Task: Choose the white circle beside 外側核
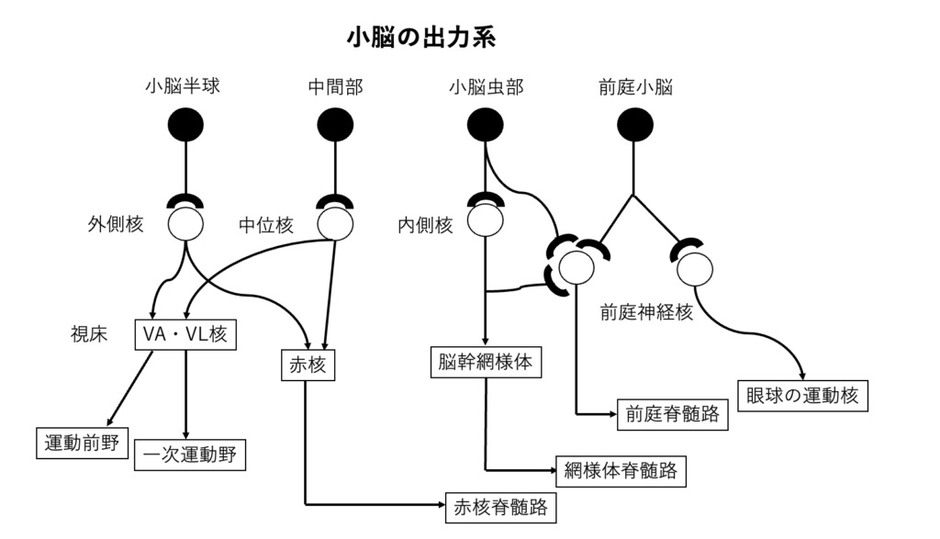click(185, 223)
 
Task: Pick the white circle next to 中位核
click(335, 223)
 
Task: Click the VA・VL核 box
click(186, 335)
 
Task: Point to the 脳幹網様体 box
click(486, 362)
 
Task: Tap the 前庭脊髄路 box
click(672, 415)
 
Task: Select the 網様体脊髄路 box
click(621, 471)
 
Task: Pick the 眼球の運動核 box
click(801, 396)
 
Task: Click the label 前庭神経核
click(646, 312)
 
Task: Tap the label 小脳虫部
click(487, 87)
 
